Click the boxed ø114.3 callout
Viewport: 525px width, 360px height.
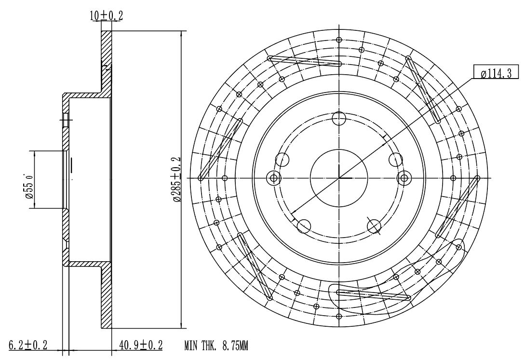coord(495,73)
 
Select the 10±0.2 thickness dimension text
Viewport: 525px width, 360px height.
coord(106,15)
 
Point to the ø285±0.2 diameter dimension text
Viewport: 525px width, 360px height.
coord(176,179)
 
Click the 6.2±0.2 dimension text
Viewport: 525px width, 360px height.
coord(28,345)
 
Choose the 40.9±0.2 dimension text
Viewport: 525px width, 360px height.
coord(141,345)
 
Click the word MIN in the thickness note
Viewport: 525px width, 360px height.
coord(191,345)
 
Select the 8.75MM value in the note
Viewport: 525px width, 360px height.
coord(235,345)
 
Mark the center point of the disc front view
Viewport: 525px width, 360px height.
coord(339,178)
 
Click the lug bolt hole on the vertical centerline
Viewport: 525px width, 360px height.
coord(339,118)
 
